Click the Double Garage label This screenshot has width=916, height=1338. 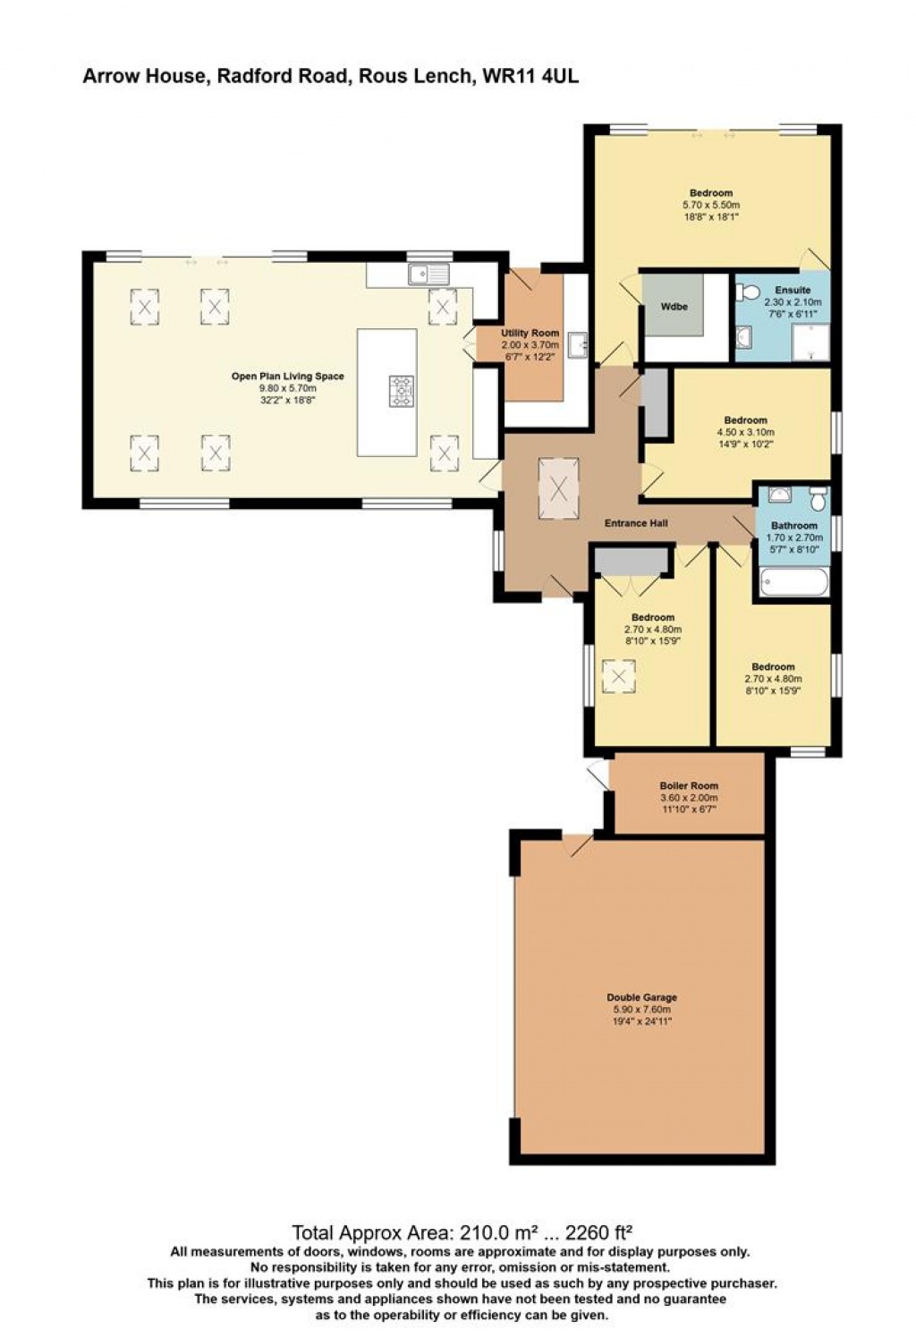[x=641, y=997]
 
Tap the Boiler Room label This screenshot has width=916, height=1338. [x=688, y=786]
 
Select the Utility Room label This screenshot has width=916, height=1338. [x=530, y=334]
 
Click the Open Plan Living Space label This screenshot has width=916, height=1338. [x=287, y=377]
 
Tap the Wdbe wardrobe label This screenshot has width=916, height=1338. [x=674, y=307]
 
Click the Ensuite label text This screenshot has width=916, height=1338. [x=793, y=290]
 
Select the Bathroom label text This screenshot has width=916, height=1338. [x=793, y=526]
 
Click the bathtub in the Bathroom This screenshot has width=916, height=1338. [x=793, y=582]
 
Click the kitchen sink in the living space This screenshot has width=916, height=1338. [x=428, y=274]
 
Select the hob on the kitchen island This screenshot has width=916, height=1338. [x=402, y=391]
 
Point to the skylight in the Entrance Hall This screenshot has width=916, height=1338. [x=558, y=488]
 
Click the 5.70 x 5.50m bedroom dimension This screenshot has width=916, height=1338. [x=711, y=205]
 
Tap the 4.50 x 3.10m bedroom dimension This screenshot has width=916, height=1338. [x=745, y=432]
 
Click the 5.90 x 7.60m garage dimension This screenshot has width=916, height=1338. [x=641, y=1009]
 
